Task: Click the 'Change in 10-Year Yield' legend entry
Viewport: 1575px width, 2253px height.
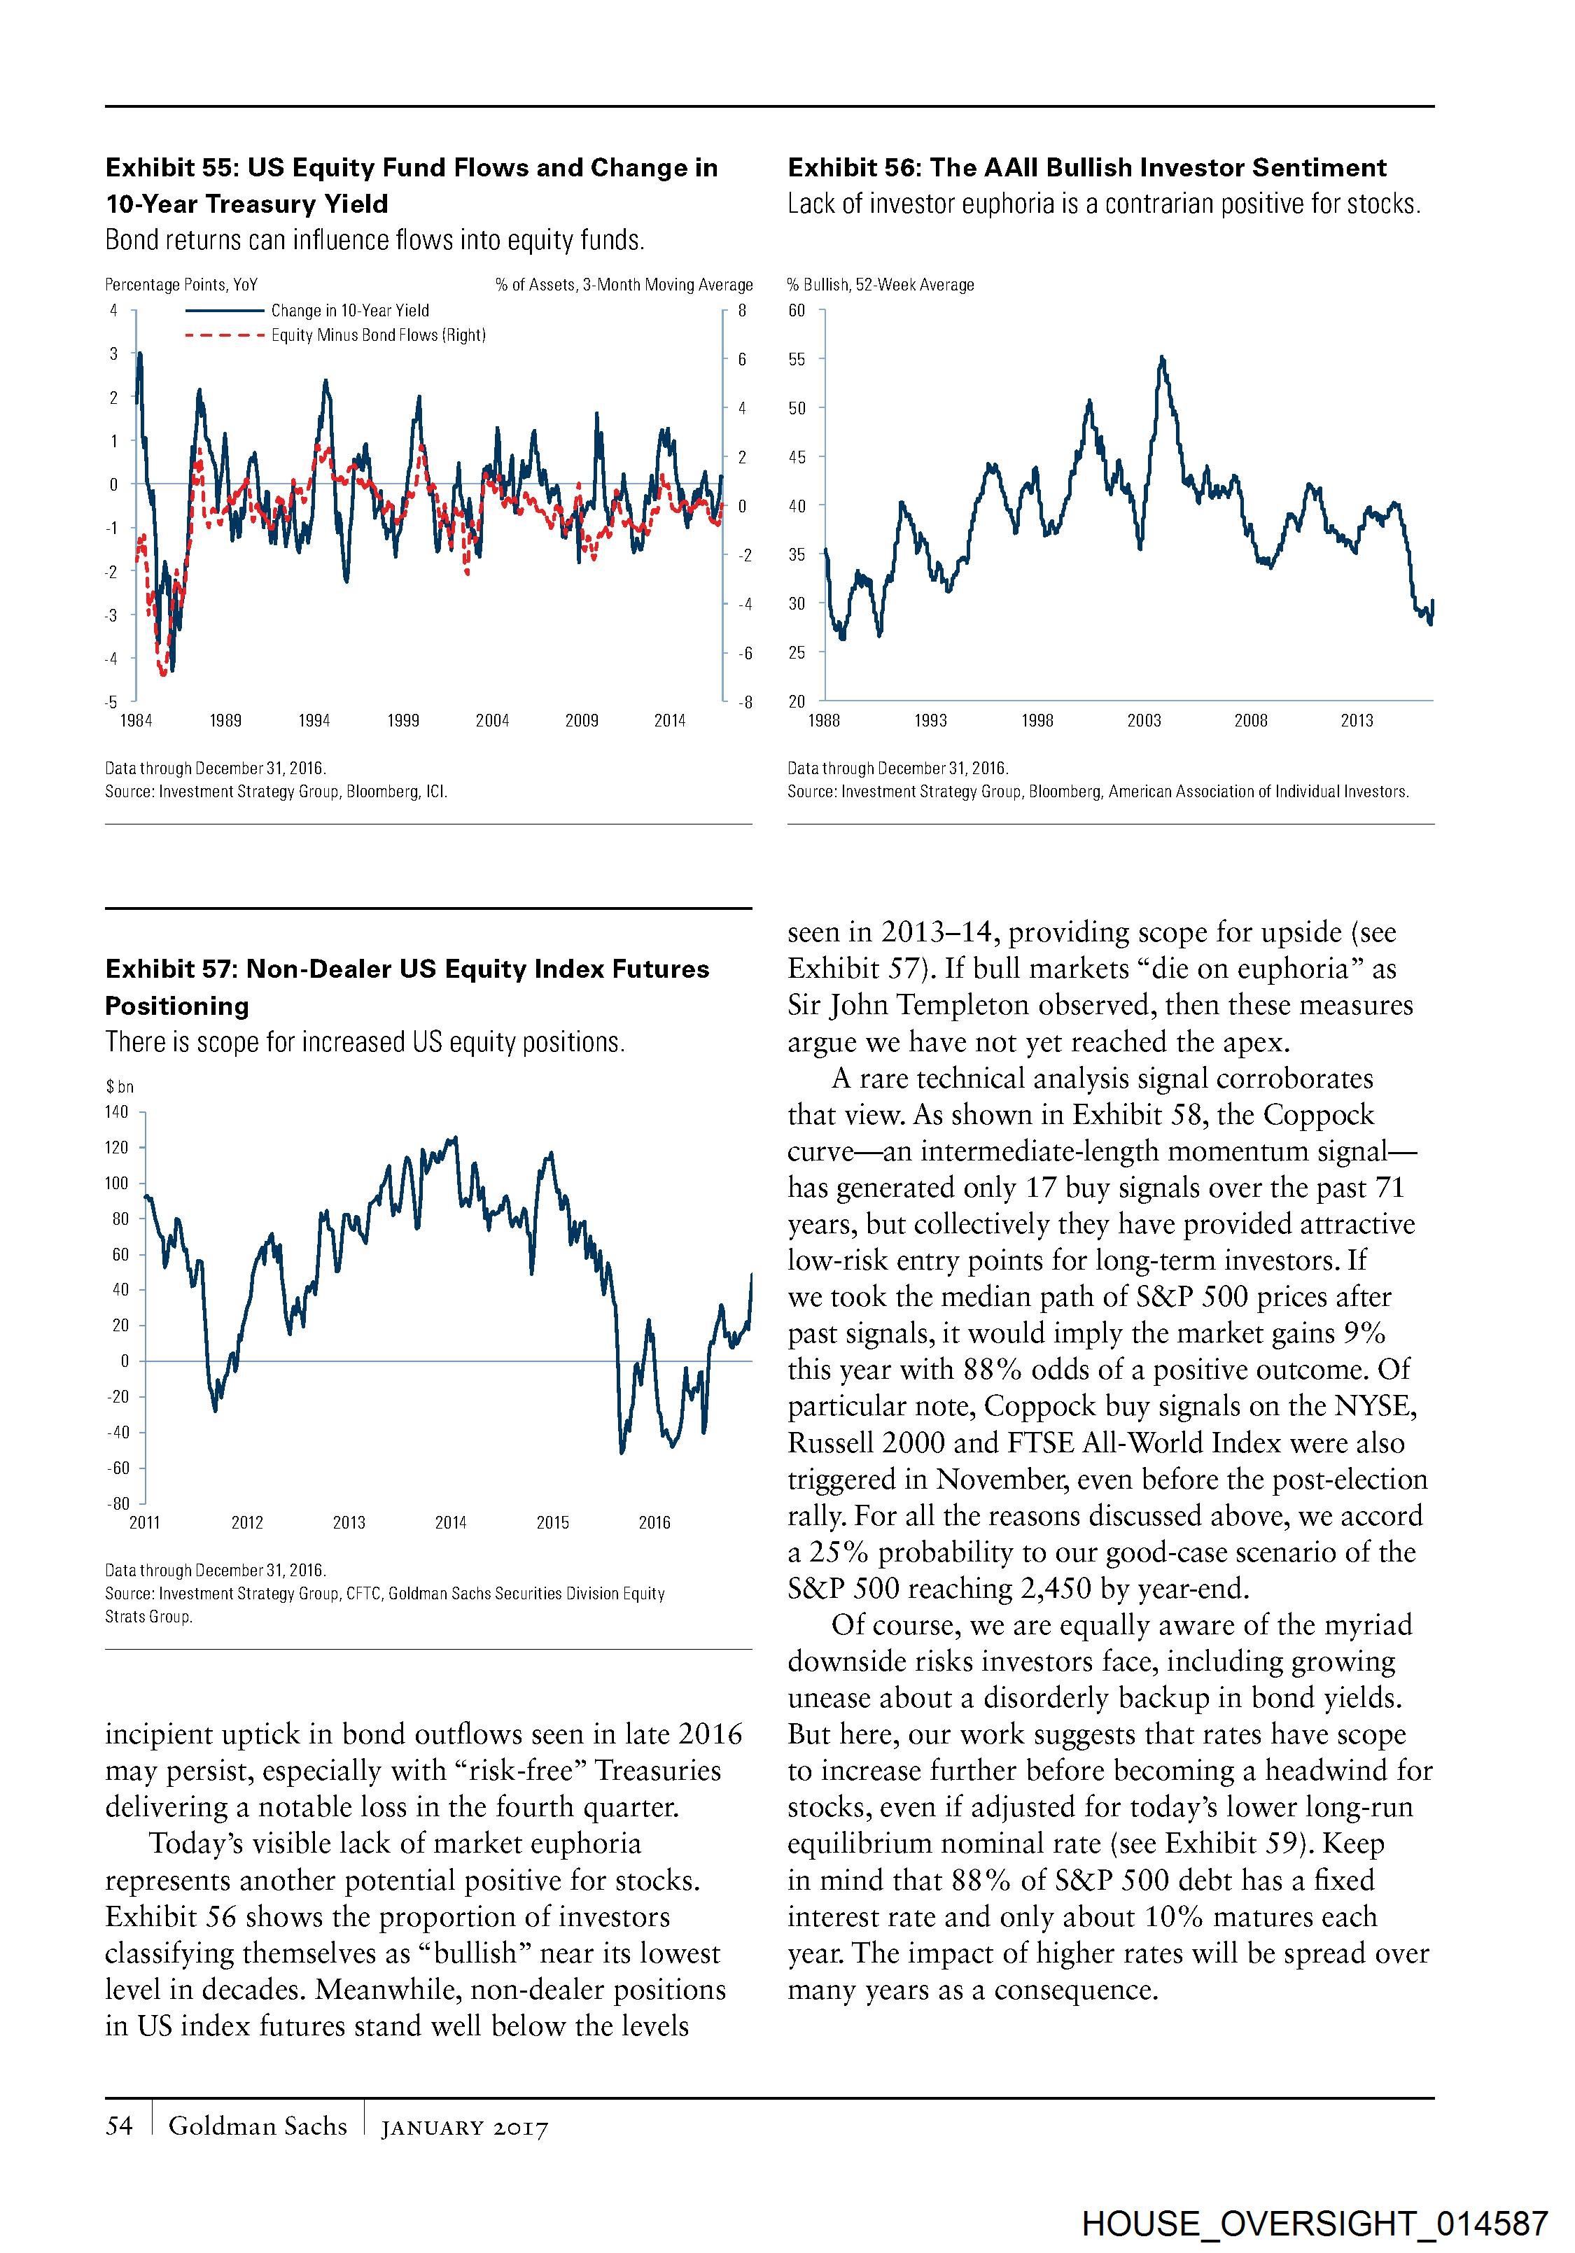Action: pos(349,310)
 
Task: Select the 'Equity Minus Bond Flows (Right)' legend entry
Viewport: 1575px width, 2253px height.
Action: pos(378,335)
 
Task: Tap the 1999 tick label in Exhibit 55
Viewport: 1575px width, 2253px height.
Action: pos(403,720)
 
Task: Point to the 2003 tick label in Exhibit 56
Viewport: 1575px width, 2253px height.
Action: pos(1144,720)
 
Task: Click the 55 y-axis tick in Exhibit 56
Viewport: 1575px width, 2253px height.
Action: pos(797,359)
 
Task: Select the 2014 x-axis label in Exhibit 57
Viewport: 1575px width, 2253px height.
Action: pos(450,1522)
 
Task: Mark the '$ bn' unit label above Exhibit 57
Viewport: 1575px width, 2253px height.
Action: pos(120,1086)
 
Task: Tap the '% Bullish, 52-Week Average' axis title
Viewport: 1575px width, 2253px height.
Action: pos(880,285)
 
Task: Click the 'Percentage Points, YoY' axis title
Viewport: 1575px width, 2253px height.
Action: pos(181,285)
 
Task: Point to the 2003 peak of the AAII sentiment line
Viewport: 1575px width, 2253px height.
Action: pos(1163,358)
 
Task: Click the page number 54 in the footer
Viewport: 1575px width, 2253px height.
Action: pos(119,2126)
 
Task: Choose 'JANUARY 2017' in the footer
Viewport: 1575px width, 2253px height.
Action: pos(464,2128)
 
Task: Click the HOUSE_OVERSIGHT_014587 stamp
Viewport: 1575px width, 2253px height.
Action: pos(1315,2223)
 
